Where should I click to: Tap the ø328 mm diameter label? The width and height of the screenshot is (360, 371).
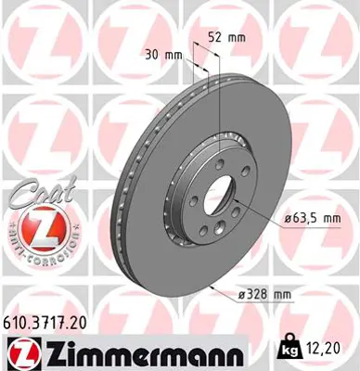[x=264, y=295]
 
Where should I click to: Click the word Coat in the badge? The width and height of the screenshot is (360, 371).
[x=28, y=196]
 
